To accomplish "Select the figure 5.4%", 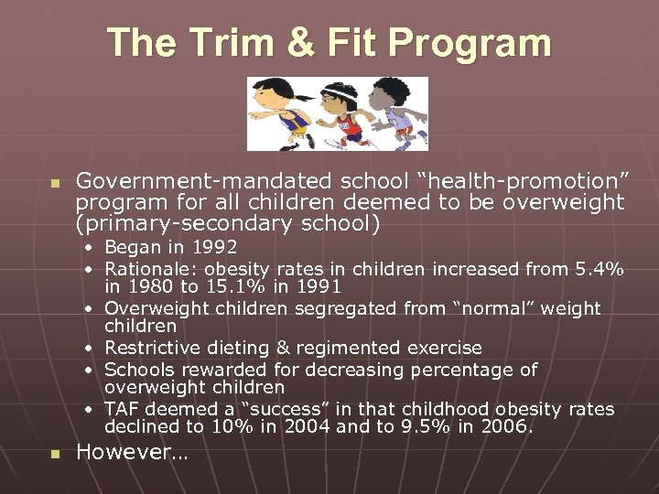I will pyautogui.click(x=600, y=269).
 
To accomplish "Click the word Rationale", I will pyautogui.click(x=150, y=269).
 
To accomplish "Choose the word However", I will pyautogui.click(x=125, y=452).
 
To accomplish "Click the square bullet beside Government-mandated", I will pyautogui.click(x=55, y=183).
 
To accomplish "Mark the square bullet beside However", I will pyautogui.click(x=55, y=453).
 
